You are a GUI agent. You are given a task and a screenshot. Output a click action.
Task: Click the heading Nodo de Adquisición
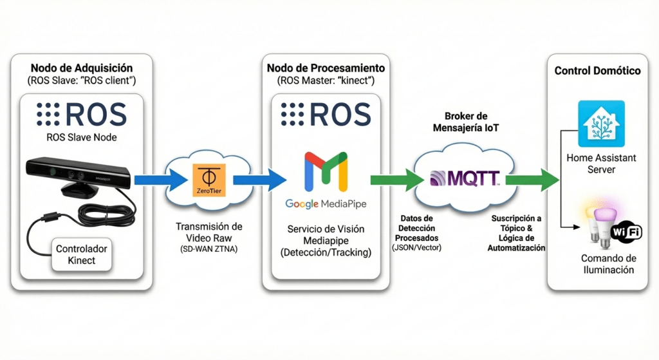point(82,68)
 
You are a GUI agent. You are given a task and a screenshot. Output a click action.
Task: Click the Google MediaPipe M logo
point(326,173)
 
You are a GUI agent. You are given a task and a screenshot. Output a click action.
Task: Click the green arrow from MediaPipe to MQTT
point(393,180)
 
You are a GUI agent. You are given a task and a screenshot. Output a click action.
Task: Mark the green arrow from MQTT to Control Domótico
point(532,180)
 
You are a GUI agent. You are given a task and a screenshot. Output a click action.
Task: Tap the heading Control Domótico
point(597,70)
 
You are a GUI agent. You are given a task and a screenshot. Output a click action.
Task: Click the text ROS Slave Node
point(82,137)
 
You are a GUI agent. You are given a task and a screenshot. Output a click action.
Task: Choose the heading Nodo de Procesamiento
point(326,68)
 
